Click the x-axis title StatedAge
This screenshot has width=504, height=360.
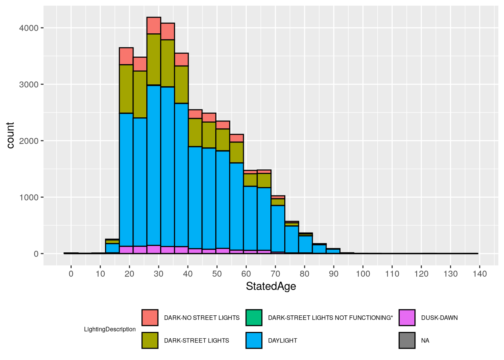(x=271, y=286)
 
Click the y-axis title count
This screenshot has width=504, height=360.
(x=10, y=135)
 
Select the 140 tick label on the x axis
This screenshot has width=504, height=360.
(x=480, y=274)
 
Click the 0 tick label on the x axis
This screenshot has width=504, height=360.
(x=71, y=274)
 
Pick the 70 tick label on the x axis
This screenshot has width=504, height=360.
(x=275, y=274)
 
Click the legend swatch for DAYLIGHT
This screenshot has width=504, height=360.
(x=254, y=340)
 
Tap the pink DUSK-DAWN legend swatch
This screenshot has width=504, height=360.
(x=407, y=318)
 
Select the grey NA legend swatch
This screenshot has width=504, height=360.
(x=407, y=340)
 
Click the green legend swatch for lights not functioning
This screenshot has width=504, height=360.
(x=254, y=318)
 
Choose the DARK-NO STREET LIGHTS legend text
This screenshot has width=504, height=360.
(x=202, y=318)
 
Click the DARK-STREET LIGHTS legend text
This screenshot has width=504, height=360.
(x=196, y=340)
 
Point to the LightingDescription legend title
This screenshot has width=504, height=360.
(x=110, y=329)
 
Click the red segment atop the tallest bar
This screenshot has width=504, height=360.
(x=154, y=25)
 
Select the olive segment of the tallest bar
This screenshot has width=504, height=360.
(x=154, y=59)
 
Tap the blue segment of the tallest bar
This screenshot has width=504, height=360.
(x=154, y=165)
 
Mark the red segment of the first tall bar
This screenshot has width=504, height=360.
(x=126, y=56)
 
